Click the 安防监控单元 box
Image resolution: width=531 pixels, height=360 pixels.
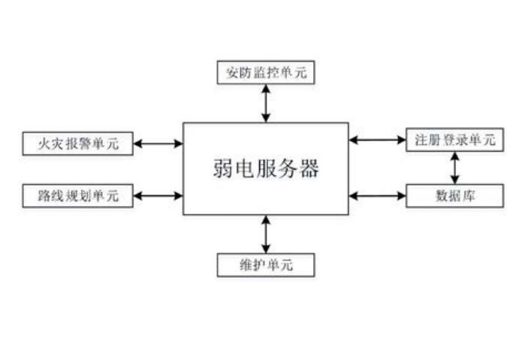tap(266, 73)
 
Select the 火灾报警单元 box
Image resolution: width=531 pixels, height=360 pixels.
tap(78, 143)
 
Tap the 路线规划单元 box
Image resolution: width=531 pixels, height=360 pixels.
tap(78, 196)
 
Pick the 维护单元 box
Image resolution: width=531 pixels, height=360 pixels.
tap(266, 265)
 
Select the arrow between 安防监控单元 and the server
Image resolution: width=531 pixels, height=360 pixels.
tap(266, 103)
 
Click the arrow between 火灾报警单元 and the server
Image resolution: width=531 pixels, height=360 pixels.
tap(158, 143)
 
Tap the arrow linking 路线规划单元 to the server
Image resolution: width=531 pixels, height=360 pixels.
tap(158, 196)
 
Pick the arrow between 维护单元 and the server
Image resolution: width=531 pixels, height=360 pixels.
tap(266, 234)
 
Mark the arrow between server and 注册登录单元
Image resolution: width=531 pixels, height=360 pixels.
tap(378, 140)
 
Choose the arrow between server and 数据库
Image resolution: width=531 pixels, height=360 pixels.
tap(378, 196)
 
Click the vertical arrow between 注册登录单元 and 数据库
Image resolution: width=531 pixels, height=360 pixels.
tap(454, 168)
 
